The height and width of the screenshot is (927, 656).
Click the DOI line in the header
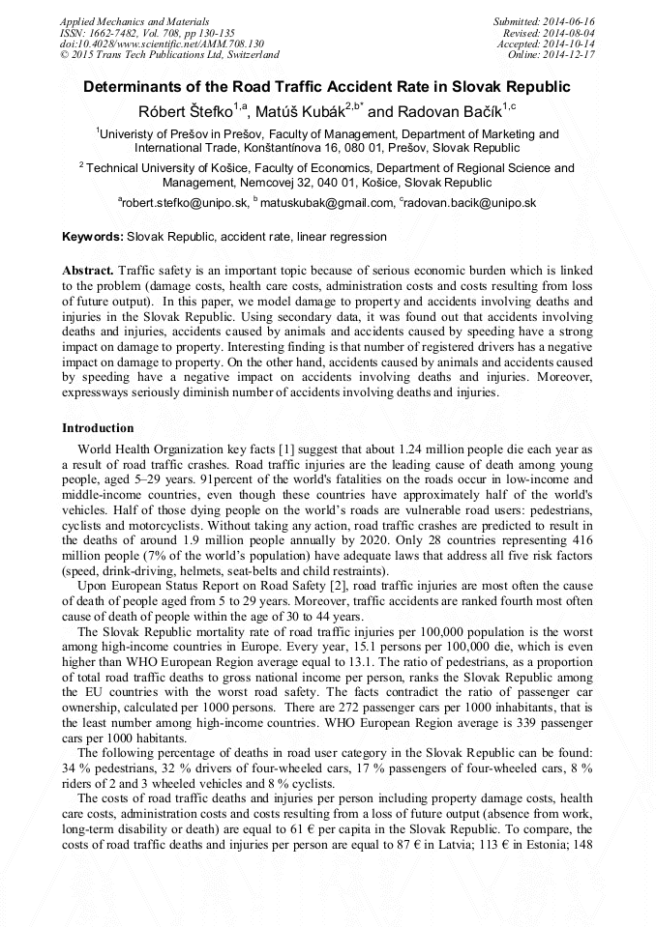162,44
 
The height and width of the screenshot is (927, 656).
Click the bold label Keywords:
93,237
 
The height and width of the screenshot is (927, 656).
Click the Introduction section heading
98,427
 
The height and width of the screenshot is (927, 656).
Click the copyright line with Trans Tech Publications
169,55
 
